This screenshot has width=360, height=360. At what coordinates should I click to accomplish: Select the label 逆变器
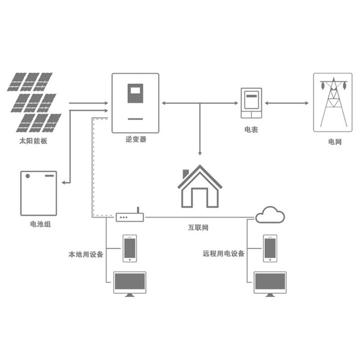tap(136, 140)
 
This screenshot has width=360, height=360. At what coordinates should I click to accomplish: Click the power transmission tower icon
tap(333, 103)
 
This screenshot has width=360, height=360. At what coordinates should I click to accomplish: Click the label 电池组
tap(40, 224)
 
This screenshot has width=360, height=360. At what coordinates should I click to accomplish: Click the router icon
tap(130, 217)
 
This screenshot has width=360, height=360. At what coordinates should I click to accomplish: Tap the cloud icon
tap(270, 215)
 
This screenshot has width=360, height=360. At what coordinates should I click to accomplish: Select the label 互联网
tap(198, 227)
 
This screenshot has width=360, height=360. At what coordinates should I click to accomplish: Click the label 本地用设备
tap(86, 254)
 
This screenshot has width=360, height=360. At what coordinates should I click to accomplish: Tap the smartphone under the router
tap(130, 247)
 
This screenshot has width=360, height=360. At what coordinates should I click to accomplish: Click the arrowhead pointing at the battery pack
tap(64, 183)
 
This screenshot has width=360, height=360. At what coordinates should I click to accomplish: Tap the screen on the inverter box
tap(135, 93)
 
